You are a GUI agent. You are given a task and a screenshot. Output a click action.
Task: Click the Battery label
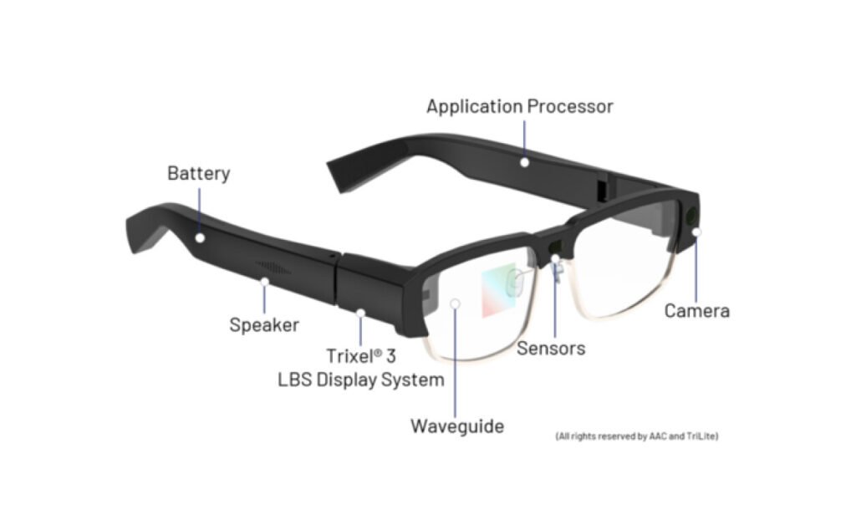click(x=199, y=174)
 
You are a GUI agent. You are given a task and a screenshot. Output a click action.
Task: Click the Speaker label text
click(x=264, y=325)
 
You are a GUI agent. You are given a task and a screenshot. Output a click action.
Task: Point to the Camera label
click(x=697, y=311)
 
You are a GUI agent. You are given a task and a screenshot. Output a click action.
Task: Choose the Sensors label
click(x=551, y=349)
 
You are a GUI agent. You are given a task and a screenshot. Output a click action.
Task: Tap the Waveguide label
click(x=457, y=426)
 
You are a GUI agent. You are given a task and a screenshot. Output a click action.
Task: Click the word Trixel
click(x=350, y=356)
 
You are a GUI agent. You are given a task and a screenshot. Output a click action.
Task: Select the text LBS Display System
click(x=361, y=380)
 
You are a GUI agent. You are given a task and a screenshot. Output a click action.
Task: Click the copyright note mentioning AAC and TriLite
click(x=636, y=436)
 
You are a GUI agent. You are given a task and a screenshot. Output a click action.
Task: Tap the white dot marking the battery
click(x=200, y=237)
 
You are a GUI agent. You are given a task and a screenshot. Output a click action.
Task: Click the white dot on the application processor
click(x=525, y=162)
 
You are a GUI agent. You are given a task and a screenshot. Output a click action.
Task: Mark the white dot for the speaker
click(x=264, y=282)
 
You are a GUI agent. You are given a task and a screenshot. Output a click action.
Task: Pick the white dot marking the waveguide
click(x=455, y=303)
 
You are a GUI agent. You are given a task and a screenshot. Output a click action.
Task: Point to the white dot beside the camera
click(x=696, y=232)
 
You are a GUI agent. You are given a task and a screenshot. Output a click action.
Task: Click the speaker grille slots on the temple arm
click(x=273, y=268)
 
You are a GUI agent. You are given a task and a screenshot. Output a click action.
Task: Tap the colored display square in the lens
click(x=498, y=290)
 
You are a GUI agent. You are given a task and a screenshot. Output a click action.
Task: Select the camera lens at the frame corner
click(x=691, y=216)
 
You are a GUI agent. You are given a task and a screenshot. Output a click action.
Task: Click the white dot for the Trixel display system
click(x=360, y=313)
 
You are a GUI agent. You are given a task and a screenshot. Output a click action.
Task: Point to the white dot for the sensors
click(x=555, y=258)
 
